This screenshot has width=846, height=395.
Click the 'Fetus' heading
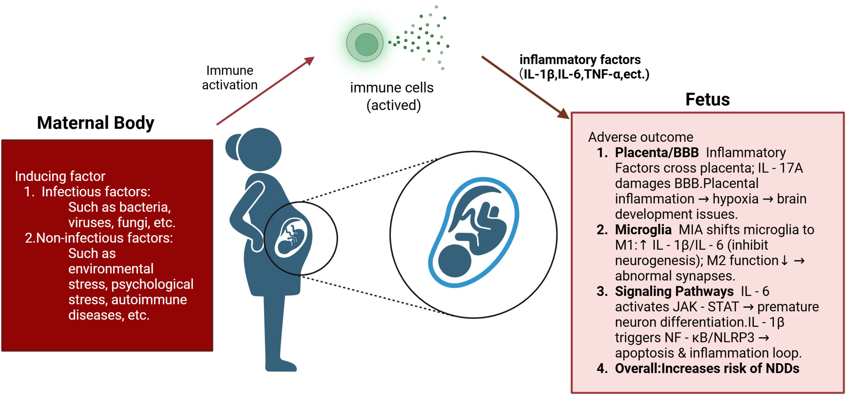tap(707, 99)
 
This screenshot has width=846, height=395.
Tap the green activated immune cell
tap(365, 43)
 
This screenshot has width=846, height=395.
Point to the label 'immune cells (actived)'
tap(392, 96)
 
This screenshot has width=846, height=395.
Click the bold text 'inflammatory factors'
tap(580, 60)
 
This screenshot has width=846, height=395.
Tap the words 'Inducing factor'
tap(60, 176)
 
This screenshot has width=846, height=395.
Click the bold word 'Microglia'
tap(643, 230)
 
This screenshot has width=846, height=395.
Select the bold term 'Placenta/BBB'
tap(656, 153)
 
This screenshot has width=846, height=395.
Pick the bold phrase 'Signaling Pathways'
tap(674, 291)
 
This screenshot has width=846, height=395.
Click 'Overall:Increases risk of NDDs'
tap(707, 368)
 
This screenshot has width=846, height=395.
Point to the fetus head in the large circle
tap(455, 261)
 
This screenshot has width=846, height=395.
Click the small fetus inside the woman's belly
tap(291, 238)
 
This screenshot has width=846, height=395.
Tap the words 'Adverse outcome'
tap(640, 137)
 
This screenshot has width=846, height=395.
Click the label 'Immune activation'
tap(230, 78)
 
